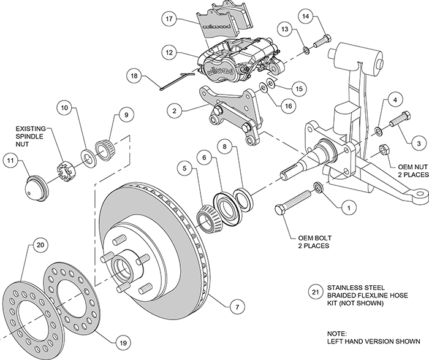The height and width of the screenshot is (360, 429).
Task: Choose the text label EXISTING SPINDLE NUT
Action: point(32,137)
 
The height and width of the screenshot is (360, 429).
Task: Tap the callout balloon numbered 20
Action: point(40,245)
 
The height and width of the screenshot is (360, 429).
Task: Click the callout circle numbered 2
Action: point(175,111)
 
